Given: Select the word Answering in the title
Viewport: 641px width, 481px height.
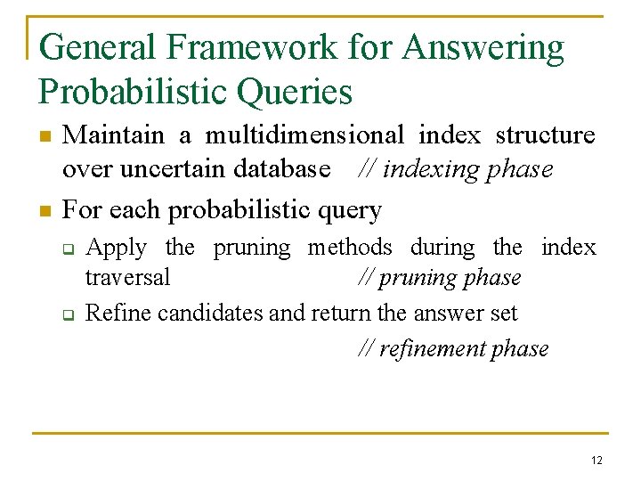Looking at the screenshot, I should [x=483, y=48].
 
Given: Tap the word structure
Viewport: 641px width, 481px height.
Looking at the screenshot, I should [x=545, y=135].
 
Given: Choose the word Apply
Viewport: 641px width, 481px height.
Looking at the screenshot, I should [x=116, y=248].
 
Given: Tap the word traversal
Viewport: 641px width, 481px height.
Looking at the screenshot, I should [x=127, y=278].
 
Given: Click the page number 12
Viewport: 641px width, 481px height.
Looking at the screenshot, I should [x=596, y=460].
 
